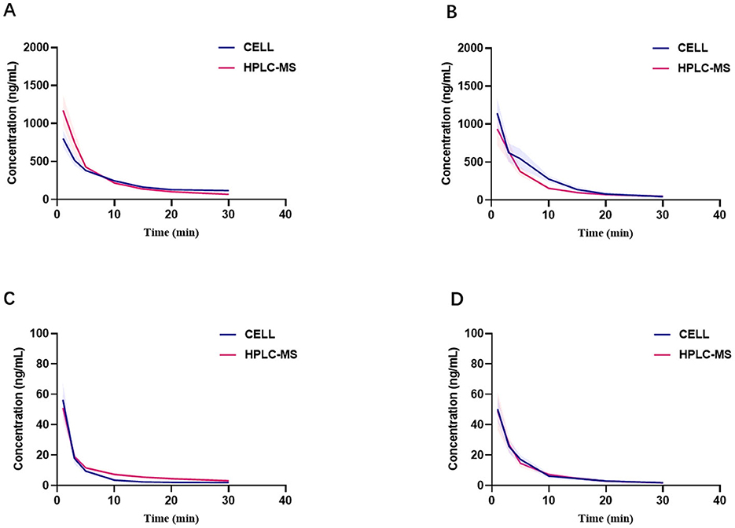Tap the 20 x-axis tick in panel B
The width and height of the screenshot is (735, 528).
[605, 214]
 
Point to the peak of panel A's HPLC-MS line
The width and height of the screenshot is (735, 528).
[64, 111]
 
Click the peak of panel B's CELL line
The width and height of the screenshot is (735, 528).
[498, 114]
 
